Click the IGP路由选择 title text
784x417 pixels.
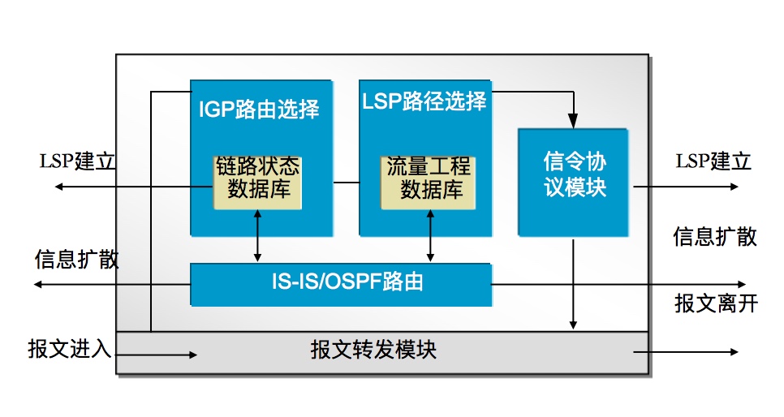click(x=259, y=109)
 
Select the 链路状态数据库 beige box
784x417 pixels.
click(x=257, y=180)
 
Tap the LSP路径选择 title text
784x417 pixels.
click(x=423, y=101)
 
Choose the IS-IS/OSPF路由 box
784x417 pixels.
click(x=341, y=284)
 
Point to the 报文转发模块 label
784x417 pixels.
click(x=373, y=350)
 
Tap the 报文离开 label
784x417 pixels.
click(x=715, y=303)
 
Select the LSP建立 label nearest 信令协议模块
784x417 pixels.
click(x=713, y=161)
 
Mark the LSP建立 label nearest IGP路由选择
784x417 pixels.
click(x=78, y=161)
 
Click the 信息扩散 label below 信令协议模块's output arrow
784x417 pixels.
click(x=715, y=236)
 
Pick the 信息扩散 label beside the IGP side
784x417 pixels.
click(x=76, y=260)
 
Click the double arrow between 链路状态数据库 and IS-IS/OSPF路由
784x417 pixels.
click(x=257, y=236)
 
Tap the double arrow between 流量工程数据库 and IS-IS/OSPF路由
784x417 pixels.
click(x=429, y=236)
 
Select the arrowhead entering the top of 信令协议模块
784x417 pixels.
click(x=575, y=122)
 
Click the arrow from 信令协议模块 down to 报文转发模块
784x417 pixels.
click(x=575, y=284)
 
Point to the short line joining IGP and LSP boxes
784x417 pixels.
click(x=346, y=183)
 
